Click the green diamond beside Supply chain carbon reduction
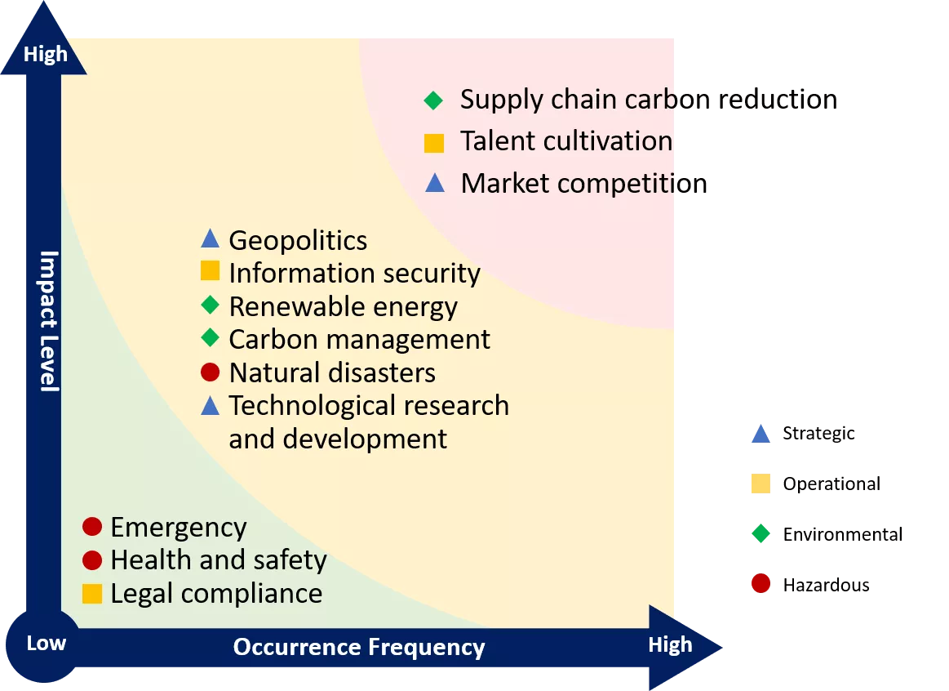(x=433, y=100)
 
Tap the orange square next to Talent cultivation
(x=434, y=143)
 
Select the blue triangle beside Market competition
(x=435, y=183)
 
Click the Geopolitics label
(x=298, y=240)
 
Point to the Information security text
(x=355, y=273)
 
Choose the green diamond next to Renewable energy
(x=210, y=305)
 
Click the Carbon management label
(x=360, y=339)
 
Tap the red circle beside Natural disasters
(x=210, y=372)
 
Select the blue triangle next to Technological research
(x=210, y=405)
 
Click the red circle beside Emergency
(x=92, y=526)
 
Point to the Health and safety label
(x=219, y=560)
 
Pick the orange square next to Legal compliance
(x=92, y=594)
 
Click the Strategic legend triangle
(x=761, y=434)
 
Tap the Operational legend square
(x=761, y=484)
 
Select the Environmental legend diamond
(x=761, y=533)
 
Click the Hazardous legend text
(x=826, y=585)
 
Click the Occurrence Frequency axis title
(x=359, y=648)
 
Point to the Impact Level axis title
(x=49, y=321)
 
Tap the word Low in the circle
(x=46, y=643)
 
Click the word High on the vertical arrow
(x=46, y=55)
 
